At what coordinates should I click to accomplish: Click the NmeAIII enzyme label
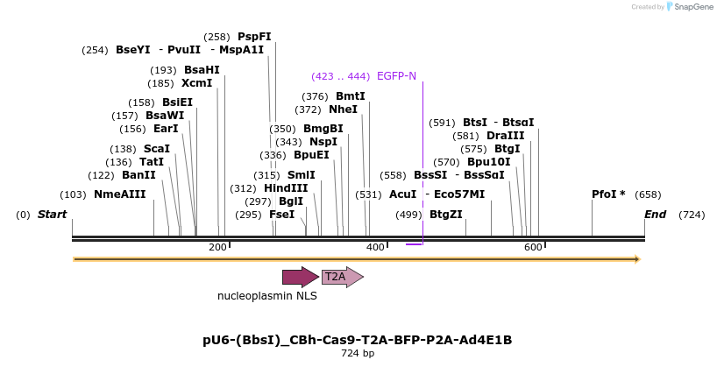120,194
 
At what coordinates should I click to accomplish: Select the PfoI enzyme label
608,194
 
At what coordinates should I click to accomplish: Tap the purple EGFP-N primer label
396,76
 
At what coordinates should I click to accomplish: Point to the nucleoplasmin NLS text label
267,296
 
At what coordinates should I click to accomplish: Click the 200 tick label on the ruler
217,248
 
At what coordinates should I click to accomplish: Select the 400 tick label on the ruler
375,248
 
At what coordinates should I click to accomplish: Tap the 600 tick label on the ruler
533,248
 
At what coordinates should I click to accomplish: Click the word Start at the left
53,215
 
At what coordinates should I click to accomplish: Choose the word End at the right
655,215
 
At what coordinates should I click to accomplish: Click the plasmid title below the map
357,340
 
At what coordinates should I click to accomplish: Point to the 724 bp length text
358,354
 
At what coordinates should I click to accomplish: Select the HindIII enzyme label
286,188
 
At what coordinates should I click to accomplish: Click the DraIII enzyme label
505,136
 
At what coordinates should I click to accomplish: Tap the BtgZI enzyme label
445,215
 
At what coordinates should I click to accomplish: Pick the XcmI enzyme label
196,83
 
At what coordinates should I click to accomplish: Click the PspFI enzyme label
254,37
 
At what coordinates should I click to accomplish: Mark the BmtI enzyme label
351,96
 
